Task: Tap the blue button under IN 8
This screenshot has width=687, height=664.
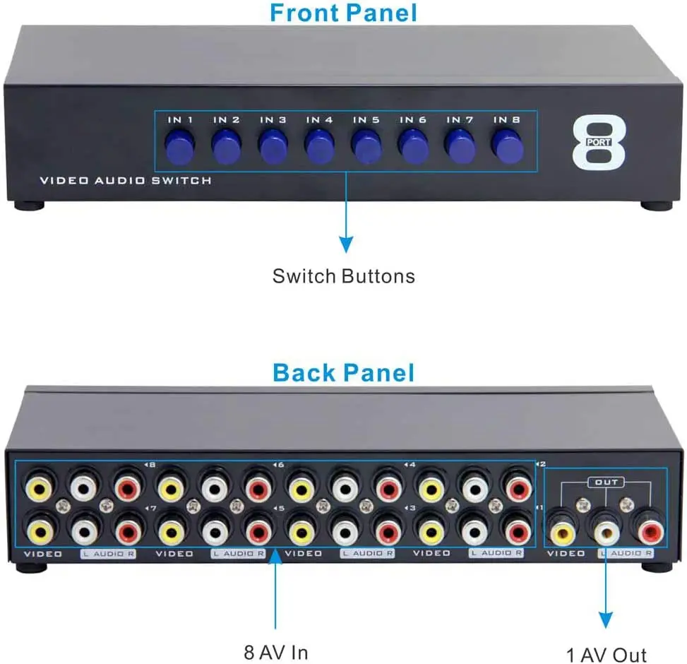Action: pyautogui.click(x=506, y=146)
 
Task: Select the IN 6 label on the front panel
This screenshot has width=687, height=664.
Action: pyautogui.click(x=412, y=120)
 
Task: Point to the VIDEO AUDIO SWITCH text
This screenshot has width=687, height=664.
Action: pyautogui.click(x=126, y=181)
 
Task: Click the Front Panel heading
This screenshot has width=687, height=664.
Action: pyautogui.click(x=343, y=13)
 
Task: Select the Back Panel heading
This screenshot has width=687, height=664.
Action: pyautogui.click(x=343, y=372)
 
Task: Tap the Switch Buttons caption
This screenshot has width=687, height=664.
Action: pyautogui.click(x=344, y=275)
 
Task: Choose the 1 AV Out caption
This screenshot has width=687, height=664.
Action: pyautogui.click(x=607, y=655)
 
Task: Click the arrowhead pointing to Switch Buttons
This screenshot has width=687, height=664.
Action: pyautogui.click(x=345, y=244)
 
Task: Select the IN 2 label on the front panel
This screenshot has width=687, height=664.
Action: pyautogui.click(x=226, y=120)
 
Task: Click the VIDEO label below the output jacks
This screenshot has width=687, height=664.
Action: pyautogui.click(x=566, y=554)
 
